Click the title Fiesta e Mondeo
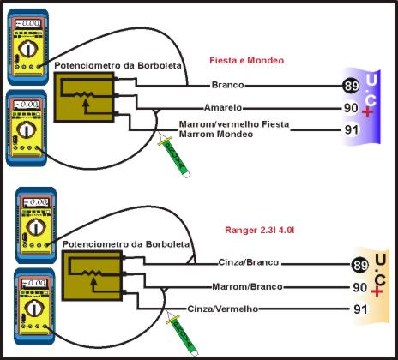coord(246,61)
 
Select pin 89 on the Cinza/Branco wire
coord(360,264)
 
